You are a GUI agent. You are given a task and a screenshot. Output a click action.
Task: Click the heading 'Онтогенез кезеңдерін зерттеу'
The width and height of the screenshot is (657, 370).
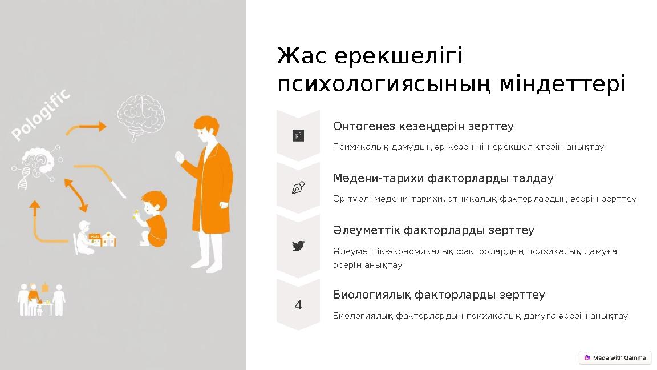pos(423,126)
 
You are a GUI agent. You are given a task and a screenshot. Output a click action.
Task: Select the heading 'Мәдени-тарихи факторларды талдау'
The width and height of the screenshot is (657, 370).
pos(443,179)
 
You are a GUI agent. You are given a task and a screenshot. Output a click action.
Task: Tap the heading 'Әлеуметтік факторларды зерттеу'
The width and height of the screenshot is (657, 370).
pos(433,231)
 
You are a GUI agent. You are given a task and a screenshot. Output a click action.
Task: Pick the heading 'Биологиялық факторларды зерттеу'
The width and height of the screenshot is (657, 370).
pos(439,295)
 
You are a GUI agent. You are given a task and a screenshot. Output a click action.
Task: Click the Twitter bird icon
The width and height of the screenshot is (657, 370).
pos(298,246)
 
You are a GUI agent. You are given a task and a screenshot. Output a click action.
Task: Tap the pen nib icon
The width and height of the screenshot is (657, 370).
pos(298,188)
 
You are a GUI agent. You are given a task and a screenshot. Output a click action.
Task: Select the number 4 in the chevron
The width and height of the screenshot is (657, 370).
pos(298,306)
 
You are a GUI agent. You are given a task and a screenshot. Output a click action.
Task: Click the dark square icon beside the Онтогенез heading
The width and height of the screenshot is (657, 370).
pos(298,136)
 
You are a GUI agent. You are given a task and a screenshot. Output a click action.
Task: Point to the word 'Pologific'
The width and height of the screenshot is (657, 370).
pos(42,114)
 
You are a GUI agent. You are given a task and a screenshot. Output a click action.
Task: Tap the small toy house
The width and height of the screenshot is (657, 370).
pos(108,238)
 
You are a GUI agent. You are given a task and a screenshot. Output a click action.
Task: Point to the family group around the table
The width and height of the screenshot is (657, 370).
pos(41,298)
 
